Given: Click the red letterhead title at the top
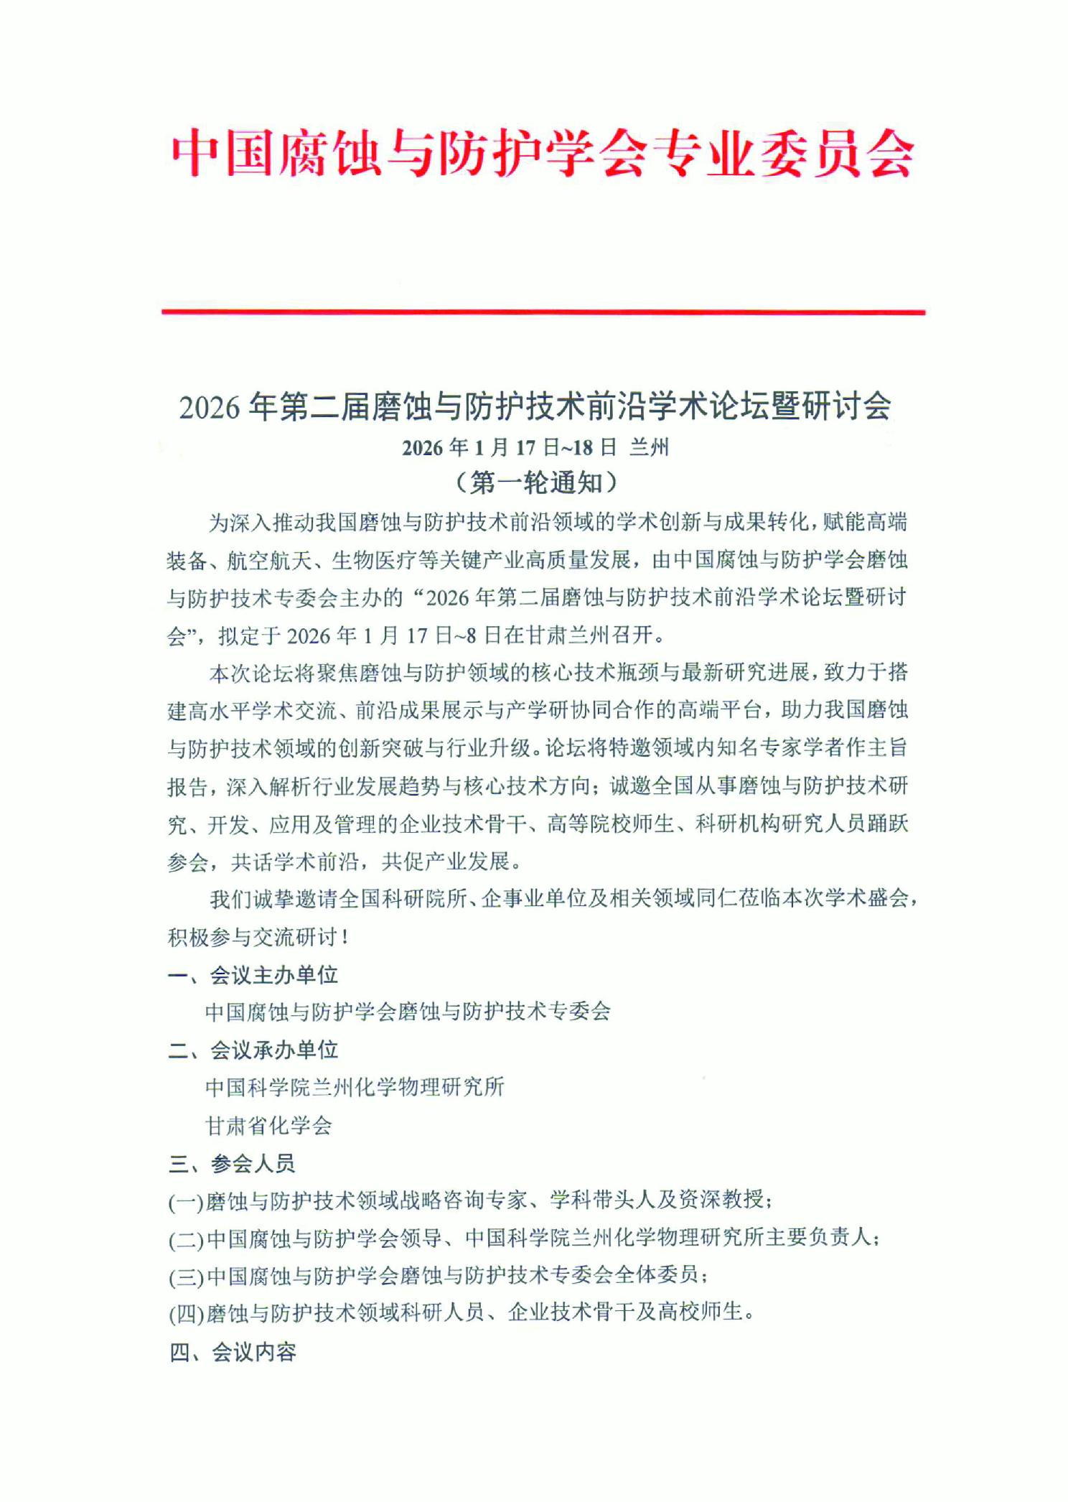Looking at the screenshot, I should click(542, 153).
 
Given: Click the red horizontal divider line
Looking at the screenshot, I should click(543, 312).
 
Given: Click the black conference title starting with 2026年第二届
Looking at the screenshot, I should click(535, 406).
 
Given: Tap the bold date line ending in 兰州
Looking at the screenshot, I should click(535, 448).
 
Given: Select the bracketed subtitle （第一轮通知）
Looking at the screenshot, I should click(535, 482).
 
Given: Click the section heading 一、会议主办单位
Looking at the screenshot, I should click(253, 975).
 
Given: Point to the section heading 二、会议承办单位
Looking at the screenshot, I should click(253, 1050).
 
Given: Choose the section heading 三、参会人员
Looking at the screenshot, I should click(231, 1164).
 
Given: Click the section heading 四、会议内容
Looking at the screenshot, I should click(233, 1353).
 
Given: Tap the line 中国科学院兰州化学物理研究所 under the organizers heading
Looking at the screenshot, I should click(355, 1088).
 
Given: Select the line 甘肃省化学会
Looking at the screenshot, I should click(268, 1126).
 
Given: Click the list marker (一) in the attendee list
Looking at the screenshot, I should click(187, 1201).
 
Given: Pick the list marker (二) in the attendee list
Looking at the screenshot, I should click(187, 1239).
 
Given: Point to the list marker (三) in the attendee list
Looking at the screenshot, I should click(187, 1277).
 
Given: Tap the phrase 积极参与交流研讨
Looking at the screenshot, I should click(252, 937).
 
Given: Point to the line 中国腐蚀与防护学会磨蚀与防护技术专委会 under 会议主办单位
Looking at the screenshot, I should click(408, 1012).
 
